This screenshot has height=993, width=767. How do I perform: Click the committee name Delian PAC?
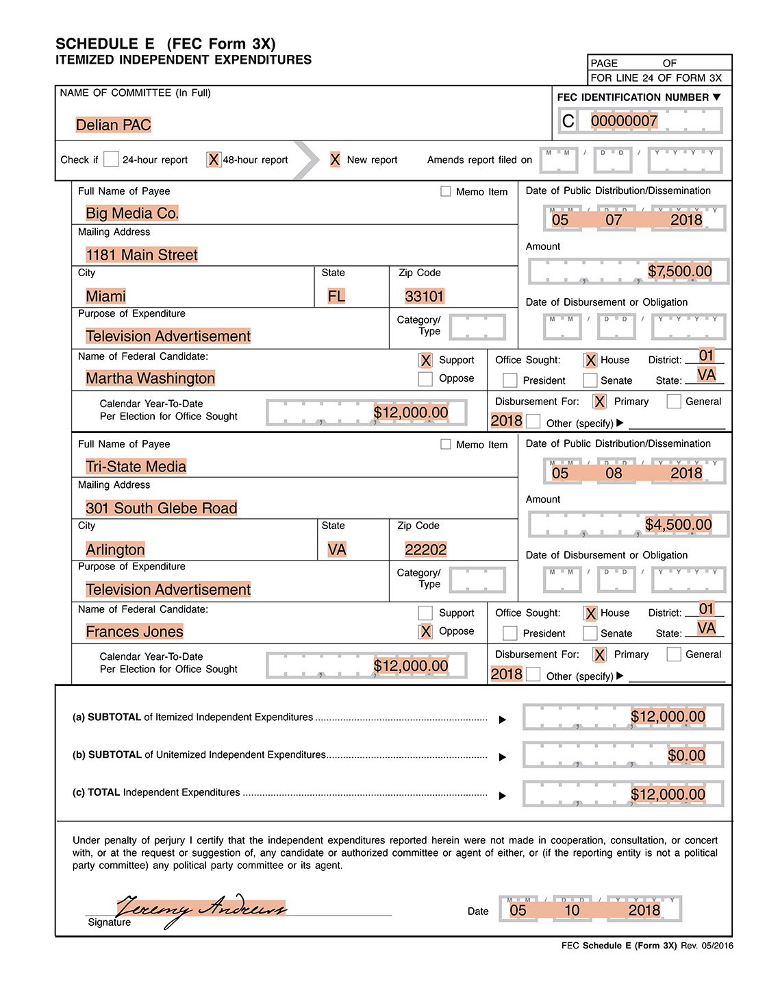[x=114, y=125]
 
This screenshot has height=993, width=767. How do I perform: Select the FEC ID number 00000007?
[x=624, y=121]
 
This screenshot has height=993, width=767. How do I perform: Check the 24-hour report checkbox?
[x=112, y=160]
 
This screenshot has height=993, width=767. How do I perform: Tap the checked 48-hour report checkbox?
[x=214, y=160]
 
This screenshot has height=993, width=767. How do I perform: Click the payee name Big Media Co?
[x=132, y=213]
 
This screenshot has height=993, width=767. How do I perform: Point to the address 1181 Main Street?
[x=142, y=255]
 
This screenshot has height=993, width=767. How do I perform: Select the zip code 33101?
[x=425, y=296]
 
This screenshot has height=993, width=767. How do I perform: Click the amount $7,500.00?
[x=679, y=271]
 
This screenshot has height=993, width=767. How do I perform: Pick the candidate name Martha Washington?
[x=151, y=378]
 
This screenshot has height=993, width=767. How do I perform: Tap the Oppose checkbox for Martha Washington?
[x=425, y=379]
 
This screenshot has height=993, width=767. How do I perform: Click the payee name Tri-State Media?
[x=136, y=467]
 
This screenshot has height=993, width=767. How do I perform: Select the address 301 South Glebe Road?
[x=162, y=508]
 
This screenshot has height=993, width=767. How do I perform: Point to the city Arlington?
[x=116, y=550]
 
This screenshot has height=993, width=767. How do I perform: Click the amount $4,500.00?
[x=678, y=525]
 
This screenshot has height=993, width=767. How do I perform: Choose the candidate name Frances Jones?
[x=135, y=632]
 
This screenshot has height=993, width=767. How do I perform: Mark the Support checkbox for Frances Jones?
[x=425, y=613]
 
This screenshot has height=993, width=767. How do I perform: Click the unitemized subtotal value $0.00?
[x=686, y=756]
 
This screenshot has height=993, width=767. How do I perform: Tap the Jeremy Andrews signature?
[x=201, y=909]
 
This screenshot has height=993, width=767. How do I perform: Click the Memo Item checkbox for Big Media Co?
[x=446, y=192]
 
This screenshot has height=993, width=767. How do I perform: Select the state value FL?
[x=336, y=296]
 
